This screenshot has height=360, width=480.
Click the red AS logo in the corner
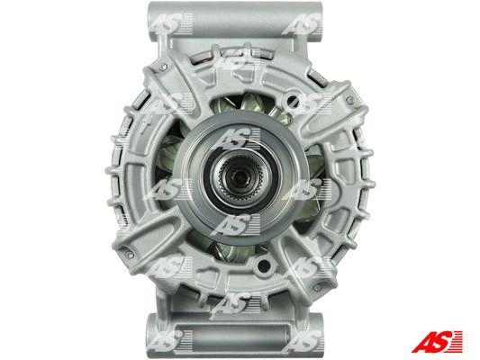click(437, 341)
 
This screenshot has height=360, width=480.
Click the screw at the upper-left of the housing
click(163, 67)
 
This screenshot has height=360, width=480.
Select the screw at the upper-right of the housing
click(350, 100)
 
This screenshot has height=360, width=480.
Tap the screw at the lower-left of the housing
click(129, 255)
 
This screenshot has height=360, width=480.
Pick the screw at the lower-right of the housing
click(317, 287)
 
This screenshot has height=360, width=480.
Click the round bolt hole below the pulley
click(264, 267)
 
